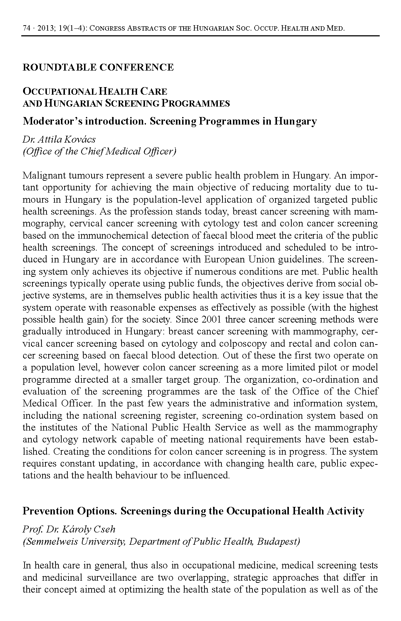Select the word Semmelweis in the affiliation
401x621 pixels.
tap(45, 541)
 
